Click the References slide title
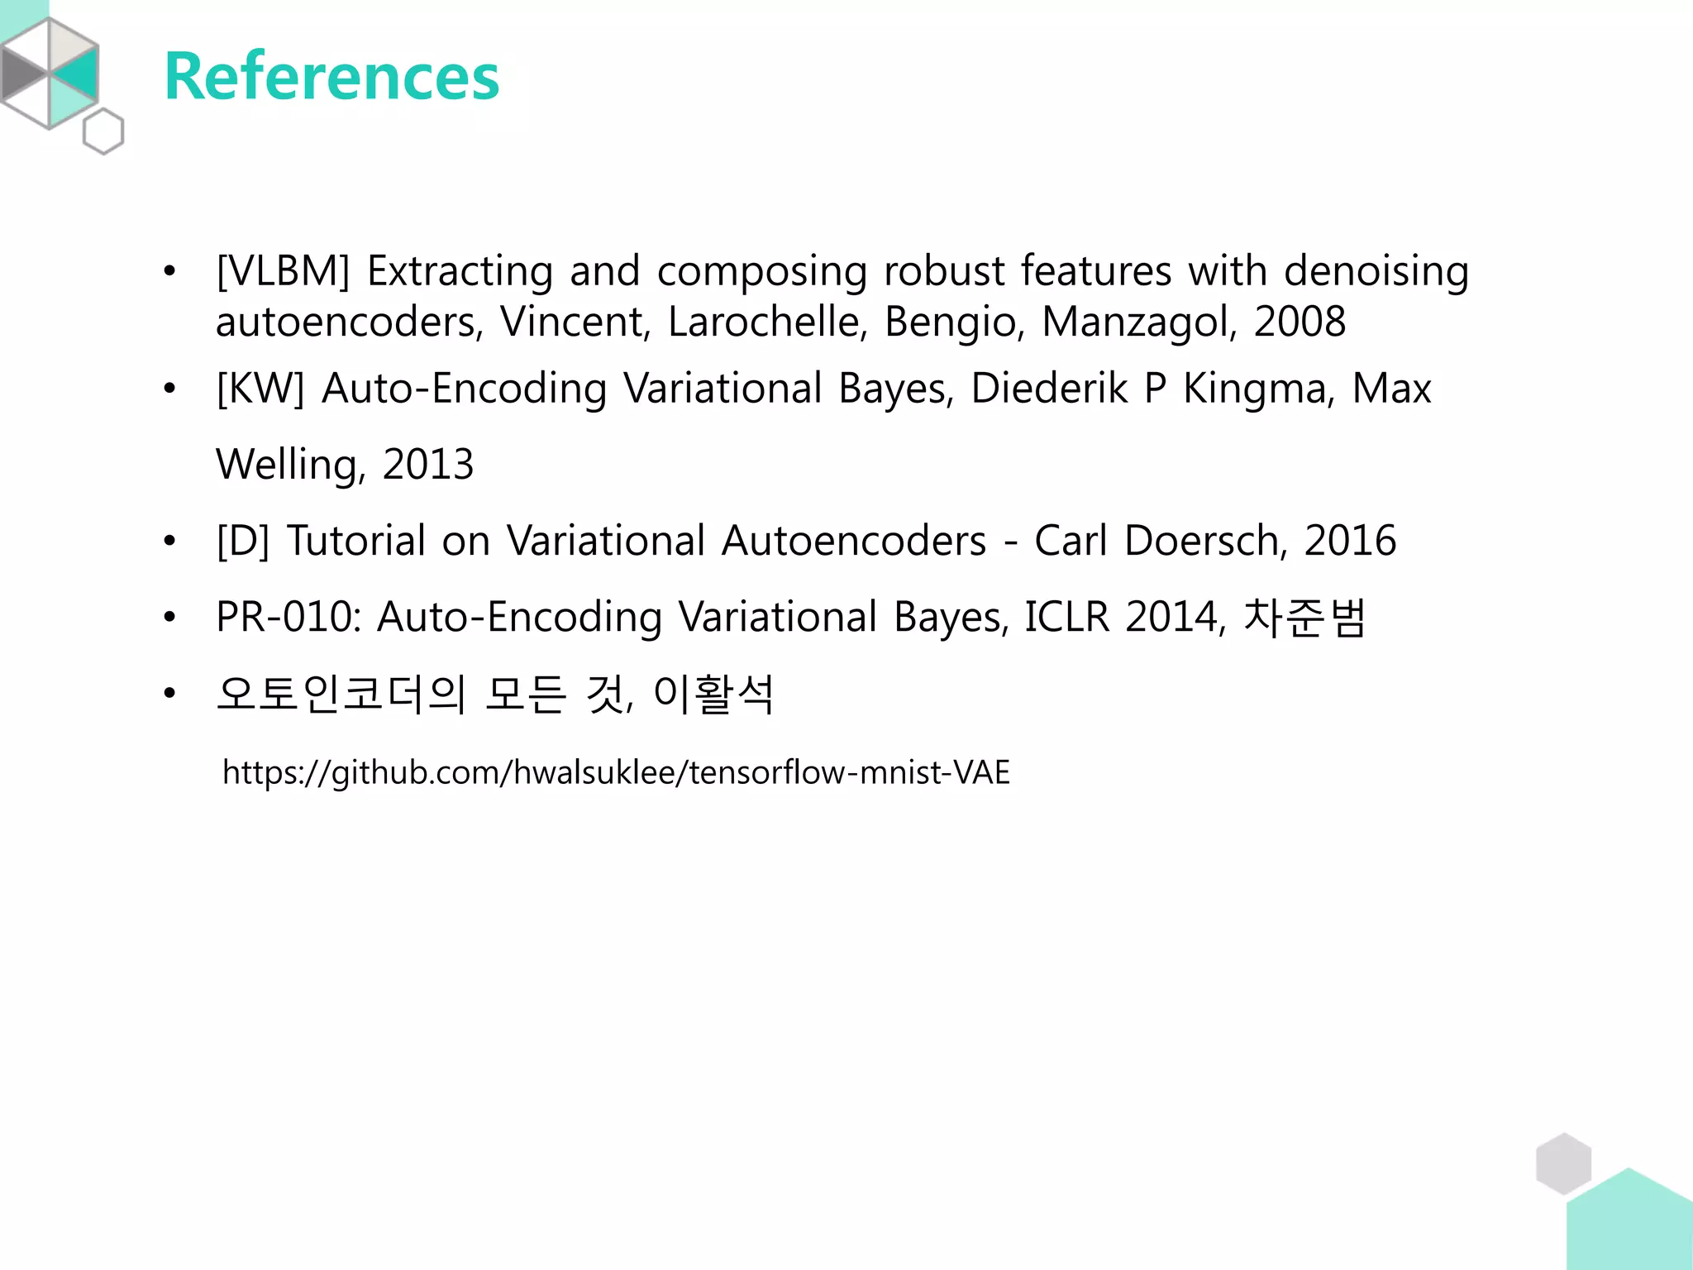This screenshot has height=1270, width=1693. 331,76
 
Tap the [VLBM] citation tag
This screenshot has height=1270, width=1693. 284,271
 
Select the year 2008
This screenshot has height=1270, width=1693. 1300,322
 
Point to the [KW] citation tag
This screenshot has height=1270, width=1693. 260,389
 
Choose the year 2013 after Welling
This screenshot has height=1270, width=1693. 428,464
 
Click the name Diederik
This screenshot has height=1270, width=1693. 1048,388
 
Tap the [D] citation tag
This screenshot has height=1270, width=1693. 243,541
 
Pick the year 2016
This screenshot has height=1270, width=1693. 1350,541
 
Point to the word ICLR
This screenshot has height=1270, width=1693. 1066,617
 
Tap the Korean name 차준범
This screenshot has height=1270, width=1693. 1304,617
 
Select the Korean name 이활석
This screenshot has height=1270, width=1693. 713,693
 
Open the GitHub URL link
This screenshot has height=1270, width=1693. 616,772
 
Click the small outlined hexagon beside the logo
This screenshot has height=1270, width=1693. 103,131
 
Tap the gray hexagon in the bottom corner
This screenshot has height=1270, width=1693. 1563,1163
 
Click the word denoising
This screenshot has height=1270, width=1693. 1376,271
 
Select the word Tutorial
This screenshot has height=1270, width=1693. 356,541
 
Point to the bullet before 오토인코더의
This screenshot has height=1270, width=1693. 169,694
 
